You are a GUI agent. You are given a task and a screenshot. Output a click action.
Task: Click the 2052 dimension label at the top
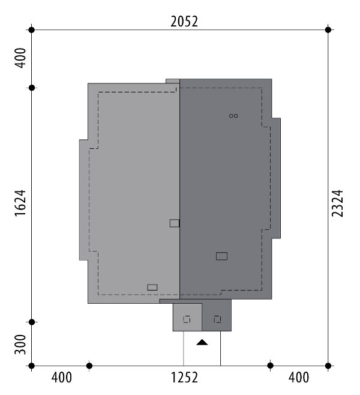pos(184,22)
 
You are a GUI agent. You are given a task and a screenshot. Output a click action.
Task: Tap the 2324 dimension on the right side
pos(337,204)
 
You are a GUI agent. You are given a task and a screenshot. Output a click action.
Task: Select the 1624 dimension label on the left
pos(20,203)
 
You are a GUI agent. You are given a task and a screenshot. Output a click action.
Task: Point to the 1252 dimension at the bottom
pos(184,378)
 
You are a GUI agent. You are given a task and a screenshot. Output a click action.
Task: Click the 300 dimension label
pos(20,345)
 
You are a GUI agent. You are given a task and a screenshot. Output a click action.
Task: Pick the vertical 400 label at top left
pos(20,58)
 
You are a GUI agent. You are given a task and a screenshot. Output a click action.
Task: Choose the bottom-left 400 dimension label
pos(61,378)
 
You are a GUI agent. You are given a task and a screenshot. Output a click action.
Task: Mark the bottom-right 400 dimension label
pos(299,378)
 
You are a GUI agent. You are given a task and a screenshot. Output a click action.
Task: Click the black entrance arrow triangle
pos(202,342)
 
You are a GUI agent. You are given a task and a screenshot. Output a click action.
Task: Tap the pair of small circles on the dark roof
pos(233,116)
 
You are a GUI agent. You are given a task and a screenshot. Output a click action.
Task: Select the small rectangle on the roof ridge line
pos(175,223)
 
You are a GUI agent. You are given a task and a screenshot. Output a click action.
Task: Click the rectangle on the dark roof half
pos(221,256)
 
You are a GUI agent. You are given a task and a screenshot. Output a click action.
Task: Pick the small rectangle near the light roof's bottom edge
pos(152,288)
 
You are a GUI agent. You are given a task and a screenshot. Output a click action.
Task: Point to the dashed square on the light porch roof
pos(187,319)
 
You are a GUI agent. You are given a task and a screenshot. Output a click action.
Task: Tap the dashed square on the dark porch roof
pos(218,319)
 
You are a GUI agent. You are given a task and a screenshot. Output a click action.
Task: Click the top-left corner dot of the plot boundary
pos(31,30)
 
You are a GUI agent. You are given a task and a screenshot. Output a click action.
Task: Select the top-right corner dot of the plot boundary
pos(328,30)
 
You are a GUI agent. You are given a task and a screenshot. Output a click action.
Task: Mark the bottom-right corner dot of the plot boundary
pos(328,366)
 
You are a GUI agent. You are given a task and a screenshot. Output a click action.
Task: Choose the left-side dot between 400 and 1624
pos(32,88)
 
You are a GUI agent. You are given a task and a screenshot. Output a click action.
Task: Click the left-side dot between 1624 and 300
pos(32,322)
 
